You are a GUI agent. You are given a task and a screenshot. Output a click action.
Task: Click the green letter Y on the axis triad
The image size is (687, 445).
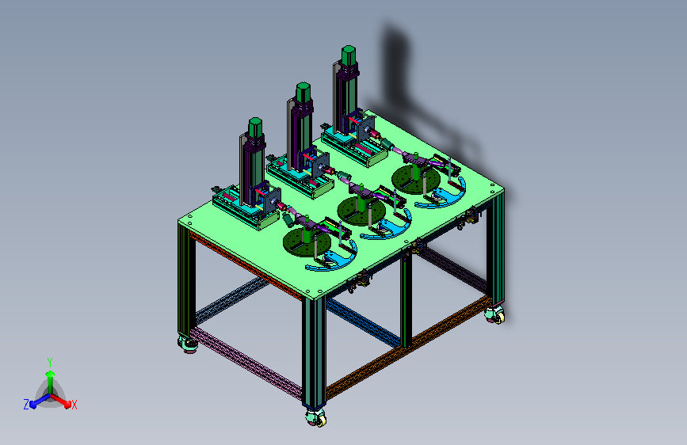(50, 363)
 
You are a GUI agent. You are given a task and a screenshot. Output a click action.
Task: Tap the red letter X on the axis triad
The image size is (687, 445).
(74, 405)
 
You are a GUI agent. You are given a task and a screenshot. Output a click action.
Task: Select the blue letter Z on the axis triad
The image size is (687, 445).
(26, 405)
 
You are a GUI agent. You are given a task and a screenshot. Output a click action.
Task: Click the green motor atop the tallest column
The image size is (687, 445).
(349, 55)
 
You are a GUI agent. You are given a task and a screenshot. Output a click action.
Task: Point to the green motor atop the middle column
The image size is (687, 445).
(303, 92)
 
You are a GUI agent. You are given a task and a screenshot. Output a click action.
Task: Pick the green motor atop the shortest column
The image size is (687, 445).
(255, 127)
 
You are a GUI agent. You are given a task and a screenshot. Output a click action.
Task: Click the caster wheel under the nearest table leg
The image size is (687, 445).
(316, 417)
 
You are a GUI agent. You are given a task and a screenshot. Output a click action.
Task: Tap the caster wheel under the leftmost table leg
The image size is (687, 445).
(188, 344)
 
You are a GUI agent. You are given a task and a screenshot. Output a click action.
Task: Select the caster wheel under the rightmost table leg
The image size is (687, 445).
(495, 314)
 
